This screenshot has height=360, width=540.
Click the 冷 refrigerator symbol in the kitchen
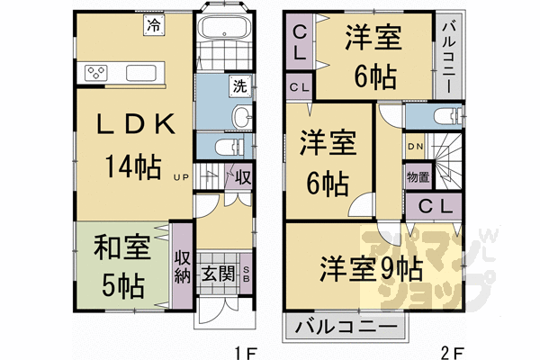point(154,26)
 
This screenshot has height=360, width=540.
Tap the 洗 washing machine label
point(239,86)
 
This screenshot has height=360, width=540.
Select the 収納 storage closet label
point(182,267)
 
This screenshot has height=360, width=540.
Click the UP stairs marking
point(181,177)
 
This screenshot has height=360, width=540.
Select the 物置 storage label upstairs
point(417,176)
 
